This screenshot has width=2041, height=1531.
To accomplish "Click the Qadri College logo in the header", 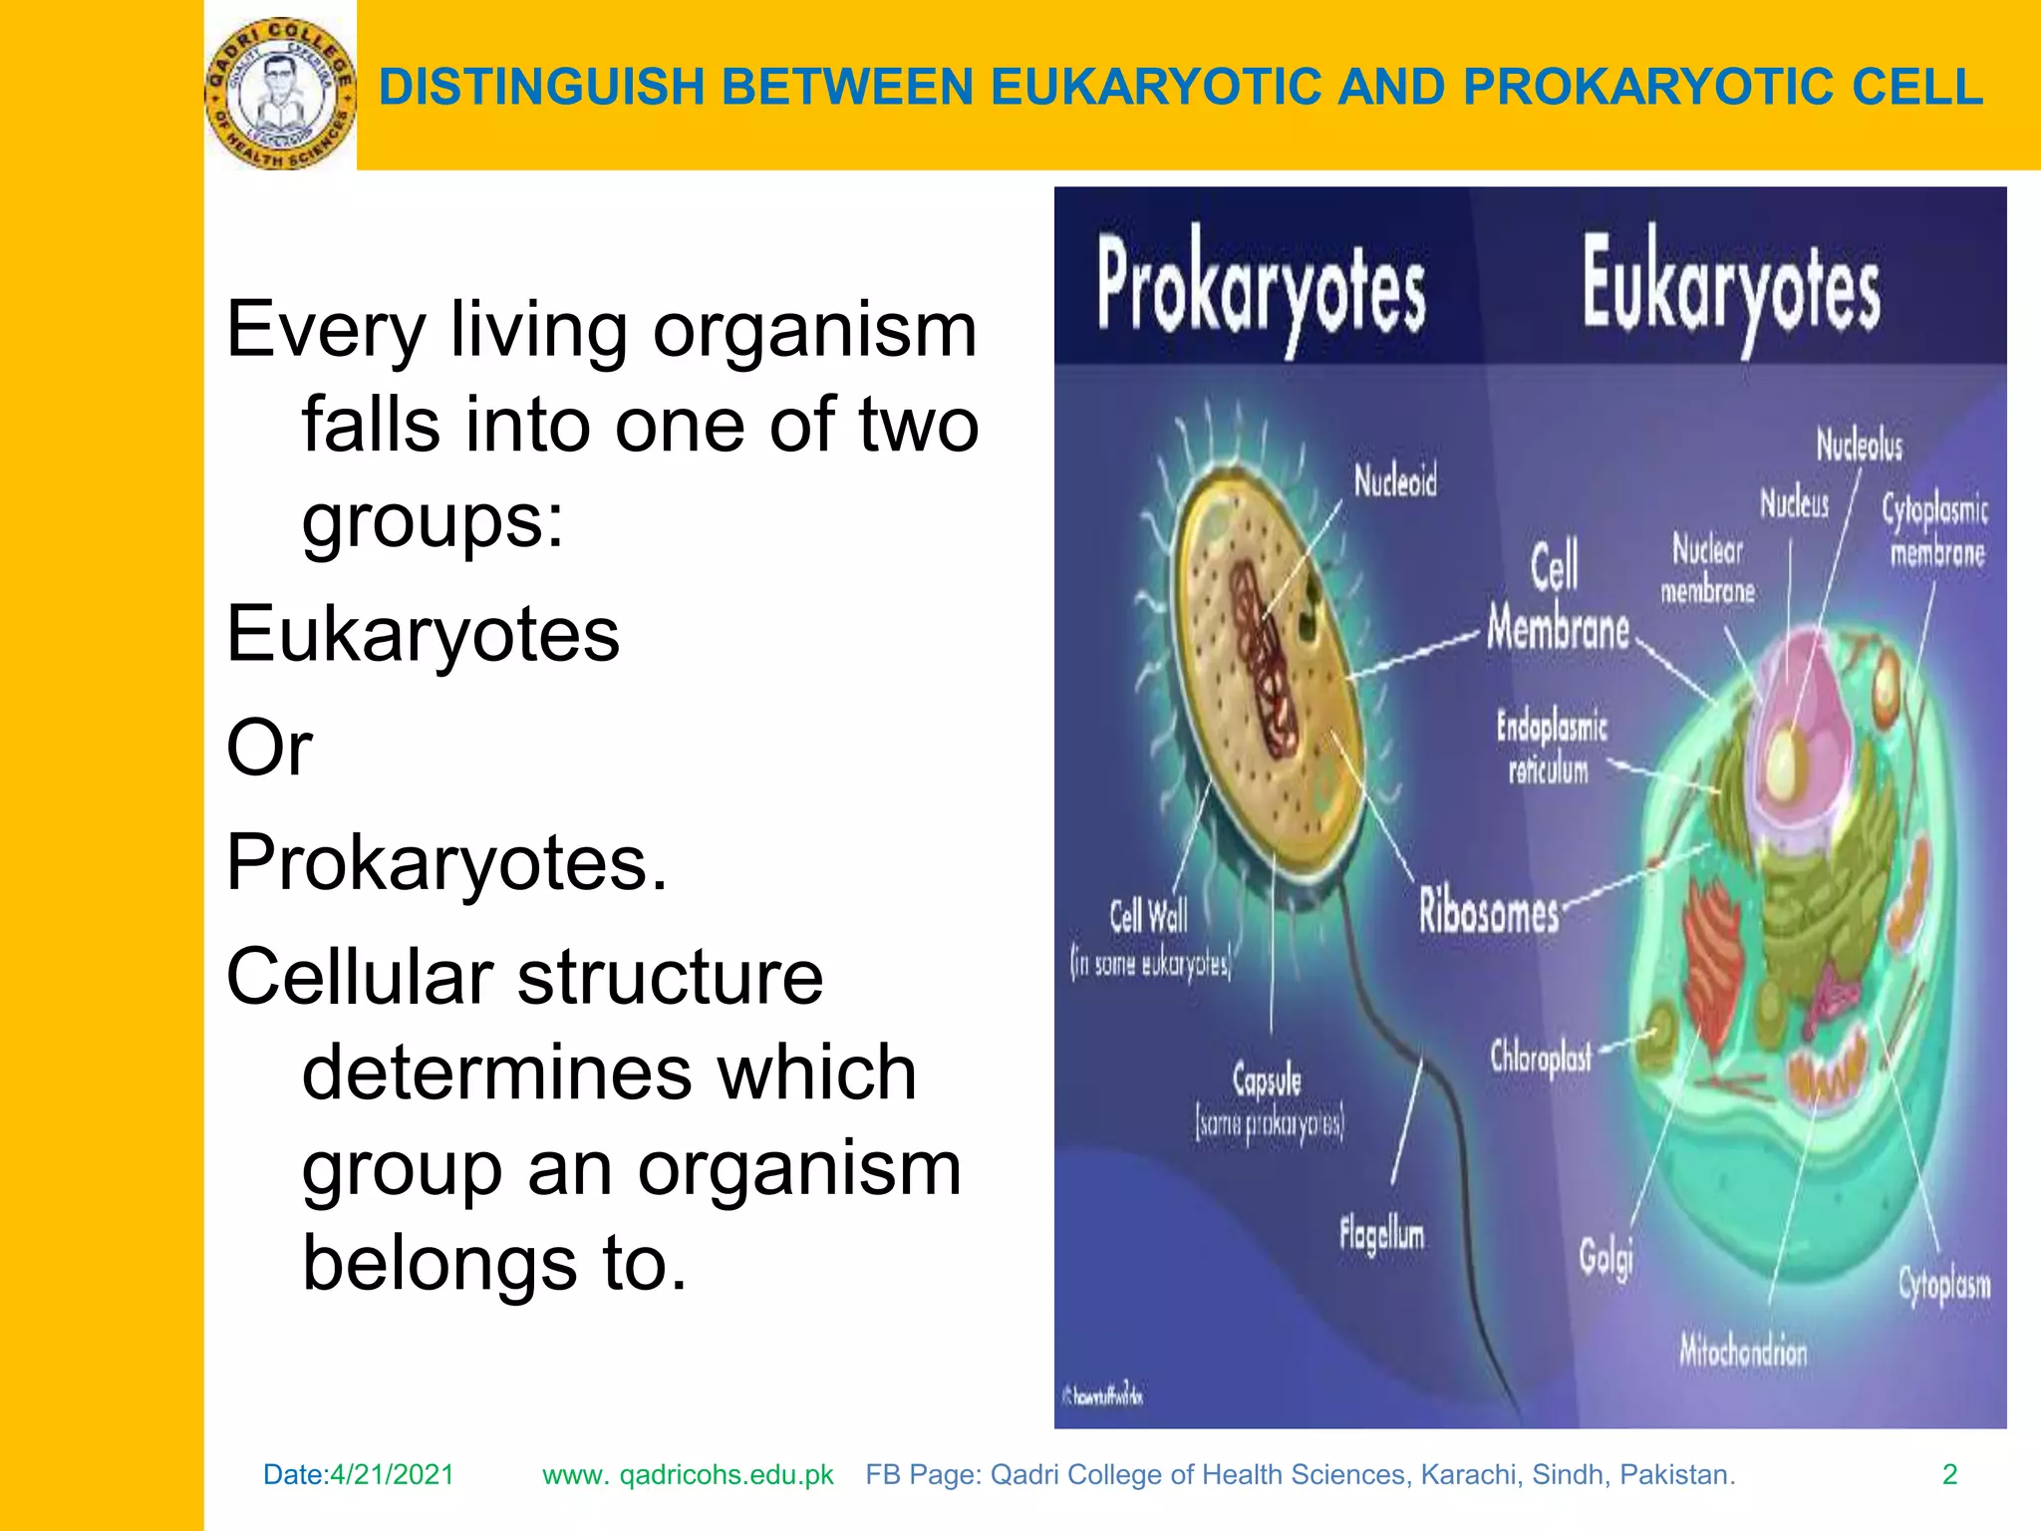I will tap(280, 94).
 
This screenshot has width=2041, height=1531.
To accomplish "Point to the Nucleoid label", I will tap(1395, 482).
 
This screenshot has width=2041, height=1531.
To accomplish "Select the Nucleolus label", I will tap(1859, 445).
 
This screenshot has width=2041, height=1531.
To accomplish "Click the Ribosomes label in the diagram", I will tap(1489, 912).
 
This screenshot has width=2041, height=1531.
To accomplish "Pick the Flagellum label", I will tap(1381, 1236).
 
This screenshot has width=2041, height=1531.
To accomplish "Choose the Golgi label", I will tap(1605, 1257).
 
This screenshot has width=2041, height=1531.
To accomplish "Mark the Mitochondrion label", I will tap(1743, 1352).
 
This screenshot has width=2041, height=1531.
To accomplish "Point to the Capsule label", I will tap(1267, 1079).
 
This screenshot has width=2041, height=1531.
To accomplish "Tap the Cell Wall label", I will tap(1148, 915).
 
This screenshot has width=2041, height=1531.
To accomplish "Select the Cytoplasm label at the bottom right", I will tap(1943, 1285).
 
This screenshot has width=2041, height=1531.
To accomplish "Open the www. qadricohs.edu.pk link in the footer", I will tap(688, 1475).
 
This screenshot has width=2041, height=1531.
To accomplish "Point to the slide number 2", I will tap(1949, 1475).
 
